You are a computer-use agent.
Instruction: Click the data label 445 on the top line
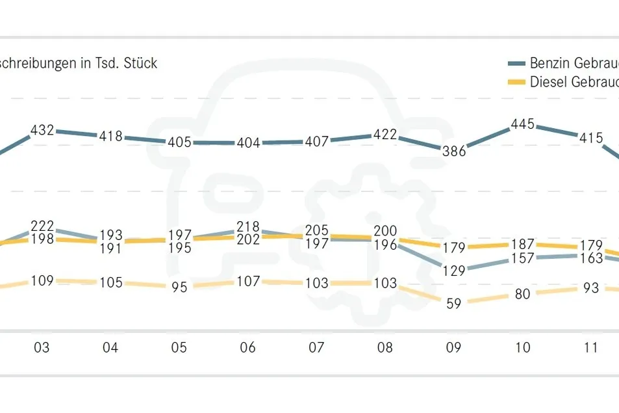point(522,124)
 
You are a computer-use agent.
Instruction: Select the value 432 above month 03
point(42,130)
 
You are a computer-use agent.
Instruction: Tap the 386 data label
point(454,151)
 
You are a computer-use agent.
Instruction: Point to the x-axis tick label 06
point(247,347)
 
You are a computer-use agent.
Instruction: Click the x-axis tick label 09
point(453,347)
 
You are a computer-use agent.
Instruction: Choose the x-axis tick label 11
point(590,347)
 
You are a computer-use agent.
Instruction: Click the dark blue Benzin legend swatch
point(516,63)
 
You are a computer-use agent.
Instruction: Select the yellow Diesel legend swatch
point(516,82)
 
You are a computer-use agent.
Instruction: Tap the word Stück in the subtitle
point(140,63)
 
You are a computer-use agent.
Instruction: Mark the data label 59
point(454,304)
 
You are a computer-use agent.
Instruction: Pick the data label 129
point(454,271)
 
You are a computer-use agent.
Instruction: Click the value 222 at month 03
point(42,226)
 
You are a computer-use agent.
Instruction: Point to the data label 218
point(248,226)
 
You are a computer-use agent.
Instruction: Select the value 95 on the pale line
point(179,287)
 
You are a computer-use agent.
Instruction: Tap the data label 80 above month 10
point(522,294)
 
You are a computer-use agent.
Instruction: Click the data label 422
point(385,135)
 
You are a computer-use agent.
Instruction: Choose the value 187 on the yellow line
point(523,245)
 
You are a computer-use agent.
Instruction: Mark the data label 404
point(248,142)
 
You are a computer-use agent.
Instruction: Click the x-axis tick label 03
point(42,347)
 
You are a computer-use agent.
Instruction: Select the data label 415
point(591,138)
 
